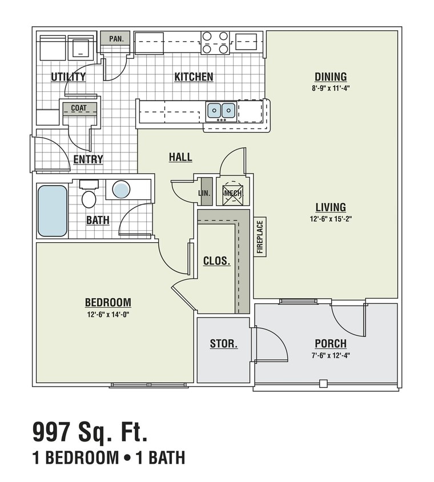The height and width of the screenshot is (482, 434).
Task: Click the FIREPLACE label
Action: pyautogui.click(x=260, y=237)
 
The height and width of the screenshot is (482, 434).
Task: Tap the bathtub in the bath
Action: pyautogui.click(x=53, y=211)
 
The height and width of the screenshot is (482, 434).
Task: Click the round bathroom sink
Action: pyautogui.click(x=121, y=189)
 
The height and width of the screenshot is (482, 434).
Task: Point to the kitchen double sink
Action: pyautogui.click(x=221, y=110)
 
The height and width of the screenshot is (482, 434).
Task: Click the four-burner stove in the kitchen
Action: pyautogui.click(x=215, y=42)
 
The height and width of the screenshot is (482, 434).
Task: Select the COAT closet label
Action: pyautogui.click(x=79, y=108)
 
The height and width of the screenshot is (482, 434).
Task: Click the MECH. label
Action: pyautogui.click(x=233, y=193)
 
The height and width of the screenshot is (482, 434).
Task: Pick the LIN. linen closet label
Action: pyautogui.click(x=204, y=194)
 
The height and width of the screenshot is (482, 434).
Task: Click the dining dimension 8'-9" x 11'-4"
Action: pyautogui.click(x=331, y=89)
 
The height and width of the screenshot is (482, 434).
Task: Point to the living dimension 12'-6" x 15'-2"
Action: pyautogui.click(x=331, y=219)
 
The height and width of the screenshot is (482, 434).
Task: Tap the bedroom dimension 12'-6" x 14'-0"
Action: pyautogui.click(x=108, y=314)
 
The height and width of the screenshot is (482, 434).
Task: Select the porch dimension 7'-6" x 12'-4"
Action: pyautogui.click(x=331, y=355)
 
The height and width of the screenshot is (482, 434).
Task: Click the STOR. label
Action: pyautogui.click(x=224, y=344)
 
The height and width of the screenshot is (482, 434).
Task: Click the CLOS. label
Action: pyautogui.click(x=217, y=261)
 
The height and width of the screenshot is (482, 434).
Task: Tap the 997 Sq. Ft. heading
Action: pyautogui.click(x=89, y=432)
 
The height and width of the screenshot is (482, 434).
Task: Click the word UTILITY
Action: pyautogui.click(x=68, y=77)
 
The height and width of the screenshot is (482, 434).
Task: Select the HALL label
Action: pyautogui.click(x=180, y=157)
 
